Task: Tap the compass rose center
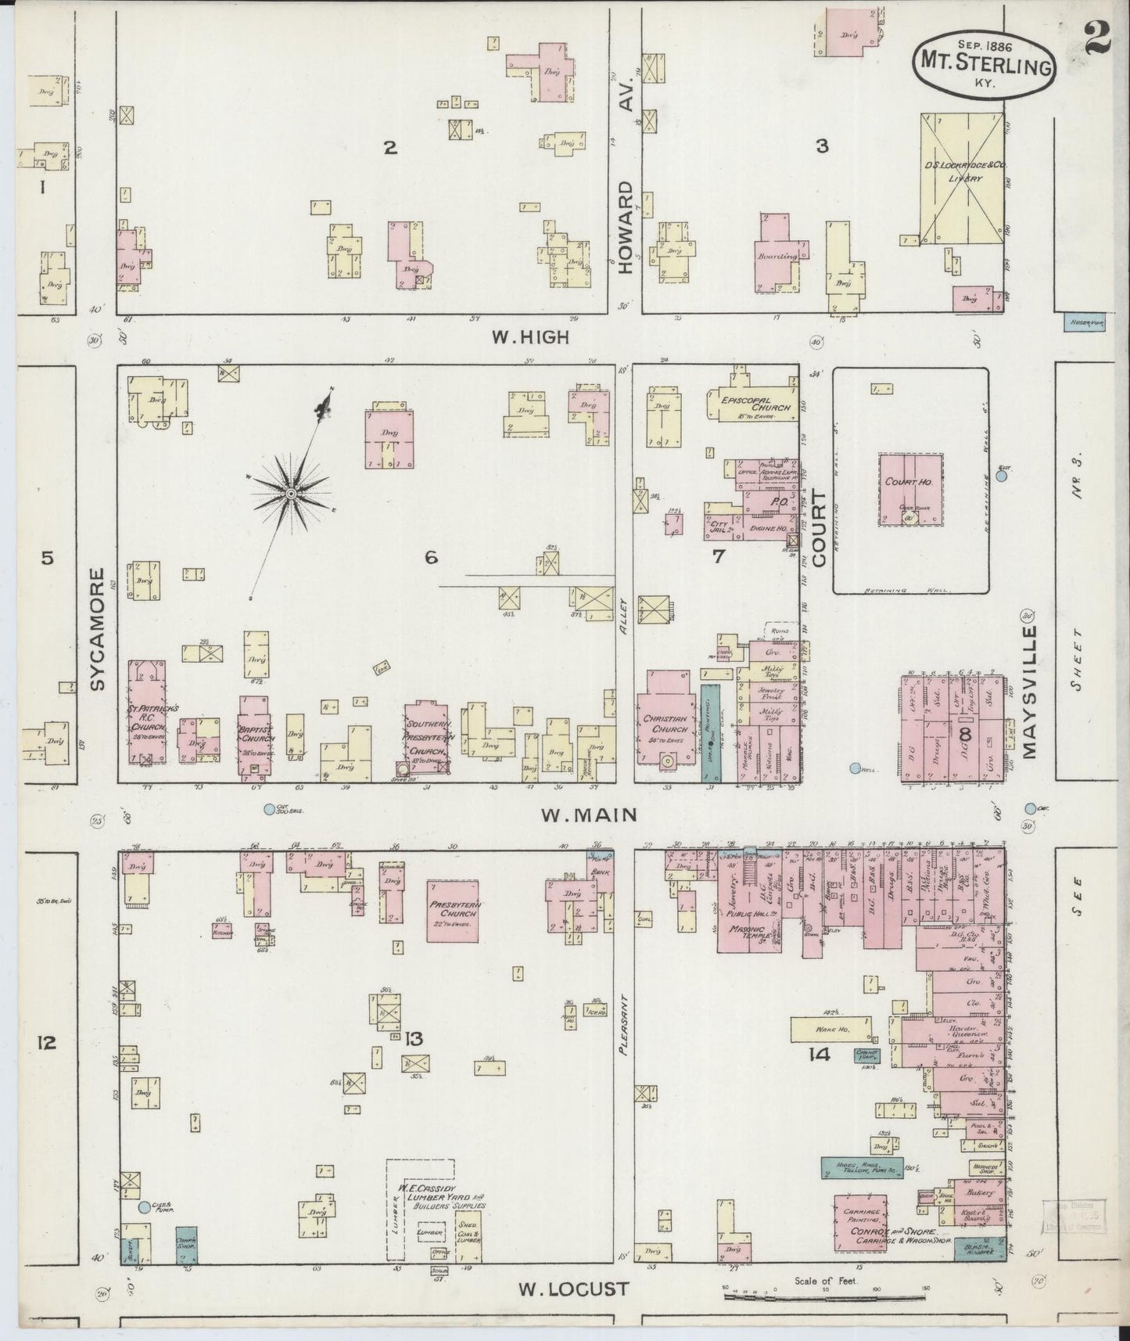[290, 493]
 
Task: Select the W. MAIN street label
[589, 815]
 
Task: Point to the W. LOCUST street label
[574, 1288]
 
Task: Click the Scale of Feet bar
[827, 1296]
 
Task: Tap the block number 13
[414, 1038]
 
